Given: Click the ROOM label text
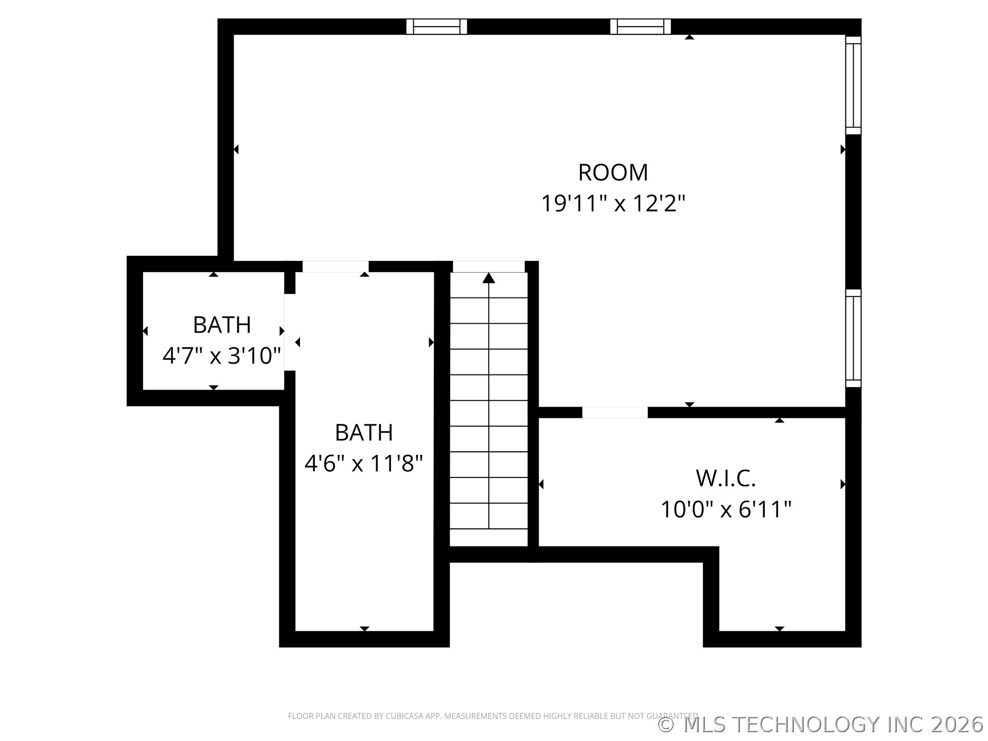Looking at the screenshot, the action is [613, 173].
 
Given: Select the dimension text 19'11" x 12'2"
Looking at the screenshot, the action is [613, 204].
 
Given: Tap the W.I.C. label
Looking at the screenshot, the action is [726, 479].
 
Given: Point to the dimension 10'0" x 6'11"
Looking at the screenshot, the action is [726, 510].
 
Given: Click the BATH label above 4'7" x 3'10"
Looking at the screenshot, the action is [222, 325].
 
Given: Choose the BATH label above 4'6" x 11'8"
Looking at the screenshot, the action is [364, 433].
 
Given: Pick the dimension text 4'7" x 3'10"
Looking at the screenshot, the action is [222, 356].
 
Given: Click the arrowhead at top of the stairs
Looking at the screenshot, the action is [489, 278].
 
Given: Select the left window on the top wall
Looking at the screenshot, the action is [436, 26].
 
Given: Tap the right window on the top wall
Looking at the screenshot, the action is [641, 26].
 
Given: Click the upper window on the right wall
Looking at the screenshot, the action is [854, 85].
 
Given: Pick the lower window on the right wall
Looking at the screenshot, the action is [854, 338].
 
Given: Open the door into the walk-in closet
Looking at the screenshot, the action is [615, 413].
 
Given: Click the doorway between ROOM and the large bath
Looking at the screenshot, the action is [336, 267].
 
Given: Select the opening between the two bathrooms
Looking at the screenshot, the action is [290, 332].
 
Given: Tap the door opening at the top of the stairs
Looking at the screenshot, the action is [489, 267].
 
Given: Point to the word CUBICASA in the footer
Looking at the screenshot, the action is [403, 716].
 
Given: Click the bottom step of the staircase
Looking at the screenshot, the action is [489, 537].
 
